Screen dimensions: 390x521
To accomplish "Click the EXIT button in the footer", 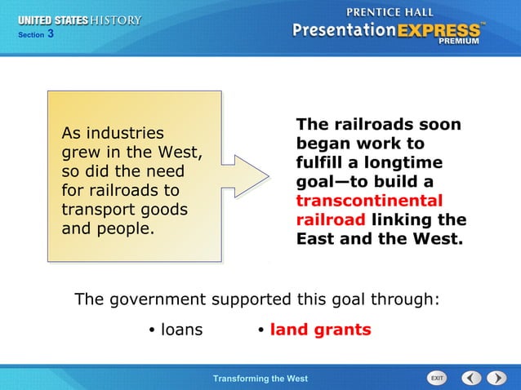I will [x=438, y=378].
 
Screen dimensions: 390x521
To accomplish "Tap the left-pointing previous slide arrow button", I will [x=471, y=378].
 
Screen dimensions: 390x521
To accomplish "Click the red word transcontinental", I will [x=369, y=201].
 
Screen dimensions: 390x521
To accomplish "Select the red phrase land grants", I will [x=320, y=330].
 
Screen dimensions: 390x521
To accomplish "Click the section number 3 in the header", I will [x=51, y=33].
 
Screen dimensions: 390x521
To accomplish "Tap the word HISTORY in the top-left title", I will [x=117, y=20].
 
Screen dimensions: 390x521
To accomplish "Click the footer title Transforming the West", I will [x=260, y=379].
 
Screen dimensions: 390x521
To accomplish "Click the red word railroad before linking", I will [x=331, y=219].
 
